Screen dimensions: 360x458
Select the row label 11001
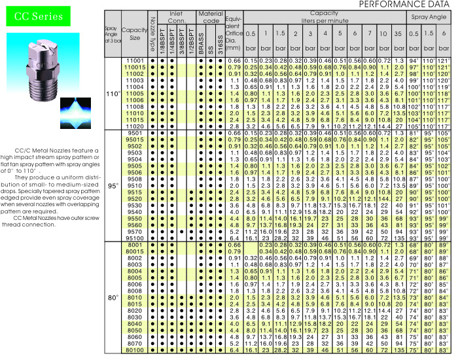coord(135,60)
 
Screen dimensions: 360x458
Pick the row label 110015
coord(135,66)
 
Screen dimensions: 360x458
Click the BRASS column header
coord(201,42)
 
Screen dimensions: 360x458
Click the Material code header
coord(211,17)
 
